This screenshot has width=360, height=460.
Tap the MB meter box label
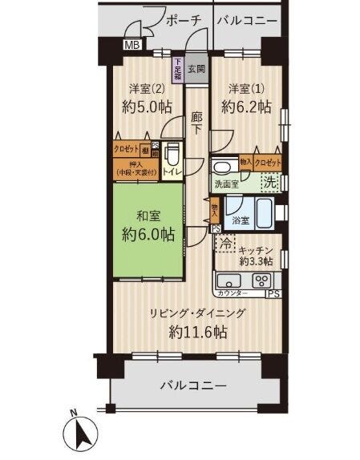point(132,46)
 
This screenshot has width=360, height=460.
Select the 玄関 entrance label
point(197,69)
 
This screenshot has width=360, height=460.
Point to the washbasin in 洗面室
point(224,166)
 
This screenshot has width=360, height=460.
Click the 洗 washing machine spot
point(271,183)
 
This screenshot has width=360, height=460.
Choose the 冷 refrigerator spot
point(226,243)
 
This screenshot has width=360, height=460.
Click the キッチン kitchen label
point(258,249)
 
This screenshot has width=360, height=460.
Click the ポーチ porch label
point(184,22)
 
